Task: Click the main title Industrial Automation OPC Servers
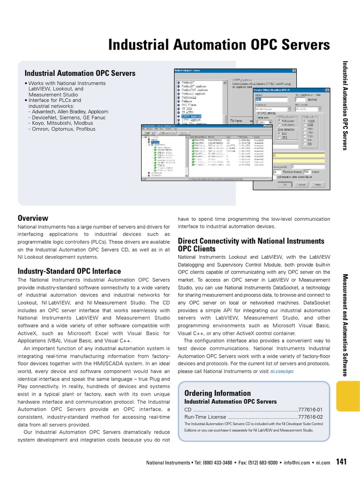pyautogui.click(x=219, y=45)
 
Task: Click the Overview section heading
pyautogui.click(x=33, y=218)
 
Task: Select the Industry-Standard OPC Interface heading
pyautogui.click(x=69, y=271)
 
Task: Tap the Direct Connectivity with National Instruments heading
pyautogui.click(x=251, y=241)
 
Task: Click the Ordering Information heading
pyautogui.click(x=217, y=393)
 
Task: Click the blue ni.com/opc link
pyautogui.click(x=283, y=371)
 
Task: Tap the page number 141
pyautogui.click(x=341, y=462)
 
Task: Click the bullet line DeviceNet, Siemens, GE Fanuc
pyautogui.click(x=67, y=117)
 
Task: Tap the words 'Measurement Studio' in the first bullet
pyautogui.click(x=51, y=94)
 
